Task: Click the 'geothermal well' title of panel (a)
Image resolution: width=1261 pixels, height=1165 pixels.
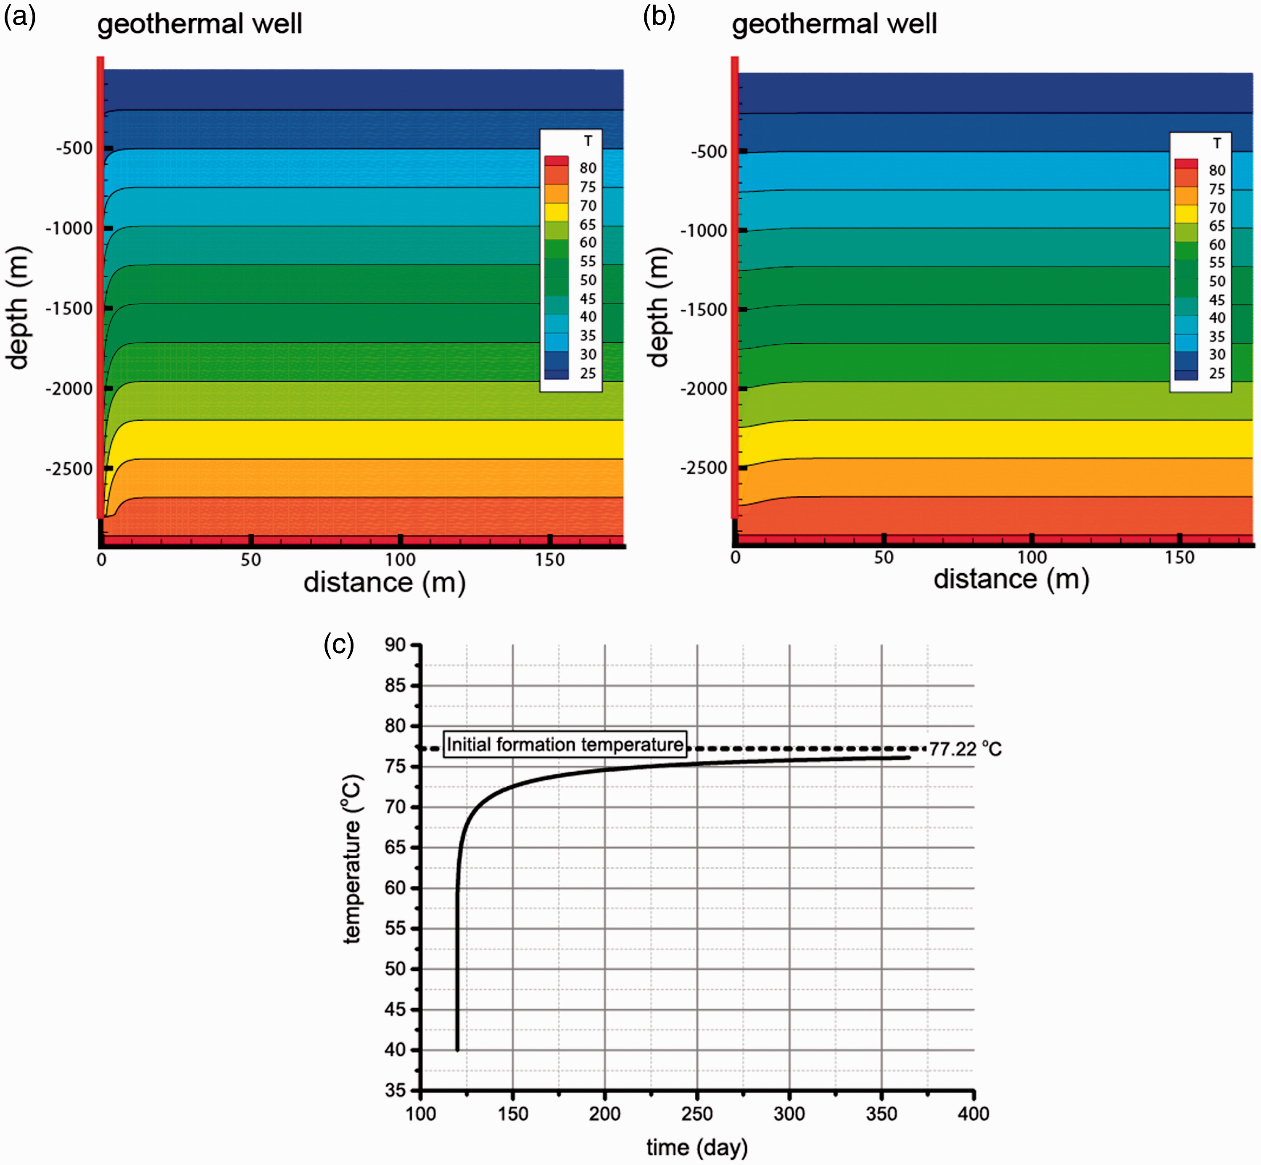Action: [200, 24]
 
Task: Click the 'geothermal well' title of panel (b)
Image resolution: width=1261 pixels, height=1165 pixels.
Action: [834, 24]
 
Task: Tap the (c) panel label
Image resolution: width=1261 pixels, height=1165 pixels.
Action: [339, 645]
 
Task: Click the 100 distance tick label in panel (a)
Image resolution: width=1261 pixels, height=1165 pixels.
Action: [400, 560]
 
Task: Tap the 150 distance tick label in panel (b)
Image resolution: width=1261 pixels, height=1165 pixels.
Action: [1179, 557]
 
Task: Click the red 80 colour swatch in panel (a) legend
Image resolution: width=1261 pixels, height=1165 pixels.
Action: [557, 161]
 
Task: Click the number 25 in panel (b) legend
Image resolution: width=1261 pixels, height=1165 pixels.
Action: [1217, 374]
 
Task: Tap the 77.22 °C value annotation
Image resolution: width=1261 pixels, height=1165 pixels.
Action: [965, 749]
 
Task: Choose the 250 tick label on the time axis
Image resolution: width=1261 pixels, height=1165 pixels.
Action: [697, 1114]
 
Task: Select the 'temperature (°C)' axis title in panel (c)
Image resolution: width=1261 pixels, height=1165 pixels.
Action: [352, 859]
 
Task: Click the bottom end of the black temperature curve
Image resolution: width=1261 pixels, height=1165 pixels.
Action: [457, 1050]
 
